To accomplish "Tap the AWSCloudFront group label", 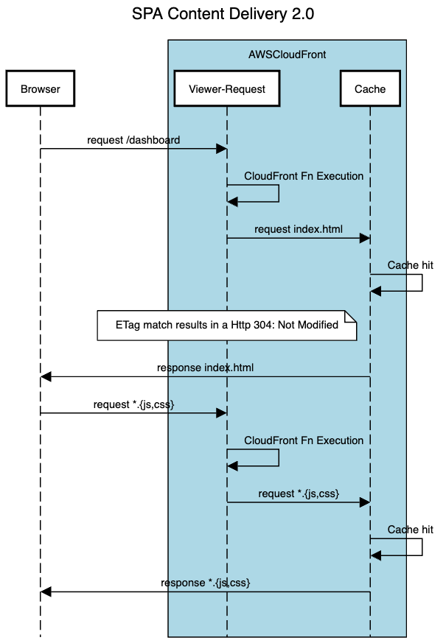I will click(x=288, y=55).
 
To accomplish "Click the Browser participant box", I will click(x=41, y=89).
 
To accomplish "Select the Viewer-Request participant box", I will click(x=227, y=89).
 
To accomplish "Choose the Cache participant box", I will click(x=370, y=89).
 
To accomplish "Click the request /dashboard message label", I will click(x=133, y=140).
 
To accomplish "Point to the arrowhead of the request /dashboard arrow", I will click(x=221, y=149).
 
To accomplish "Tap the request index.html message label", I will click(x=299, y=229).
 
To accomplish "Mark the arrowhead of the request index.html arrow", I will click(x=364, y=238).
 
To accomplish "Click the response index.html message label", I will click(x=206, y=368).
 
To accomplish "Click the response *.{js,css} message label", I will click(x=206, y=583).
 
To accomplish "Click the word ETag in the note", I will click(x=128, y=325).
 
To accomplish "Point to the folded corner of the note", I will click(x=351, y=316).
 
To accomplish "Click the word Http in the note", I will click(x=241, y=325).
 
